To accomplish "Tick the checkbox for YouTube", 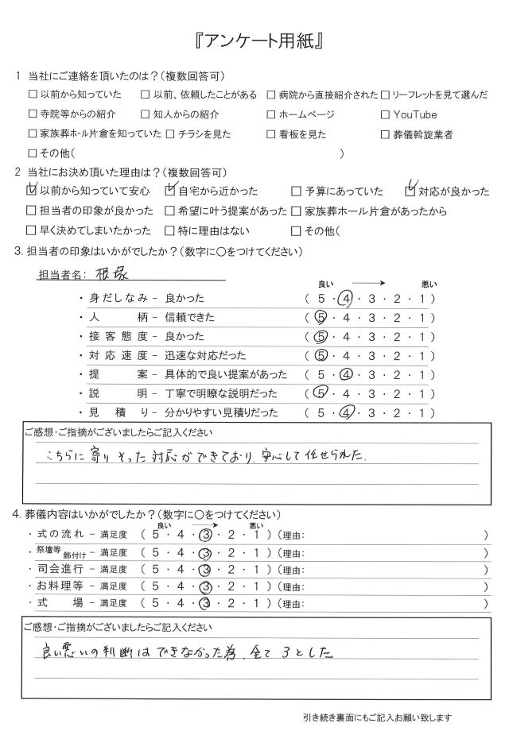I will point(387,115).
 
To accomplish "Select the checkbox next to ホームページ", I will point(271,115).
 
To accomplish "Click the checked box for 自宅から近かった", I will point(169,191).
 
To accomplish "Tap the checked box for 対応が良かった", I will point(410,191).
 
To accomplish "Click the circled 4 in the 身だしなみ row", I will point(344,299).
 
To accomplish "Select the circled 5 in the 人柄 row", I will point(322,318).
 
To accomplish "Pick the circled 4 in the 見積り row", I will point(344,412).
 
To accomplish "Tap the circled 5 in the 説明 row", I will point(322,393).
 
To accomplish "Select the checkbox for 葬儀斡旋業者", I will point(387,134).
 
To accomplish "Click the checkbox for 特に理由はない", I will point(169,231).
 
